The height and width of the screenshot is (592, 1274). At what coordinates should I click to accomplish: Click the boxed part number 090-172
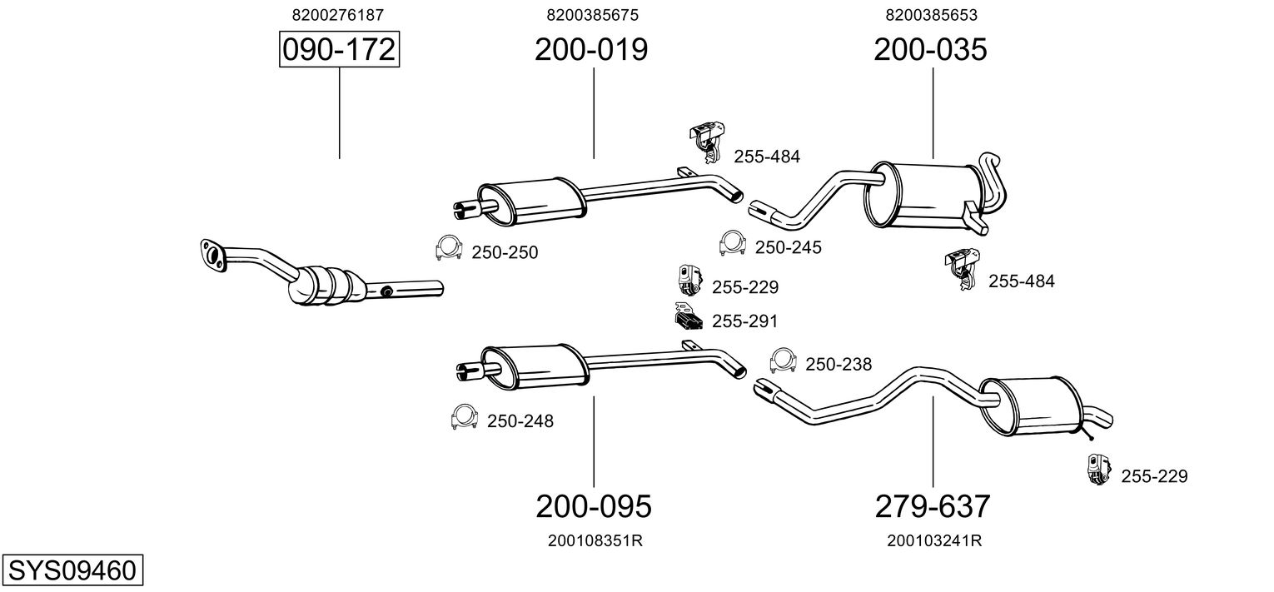(339, 50)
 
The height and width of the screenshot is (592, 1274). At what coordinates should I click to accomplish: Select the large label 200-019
(591, 50)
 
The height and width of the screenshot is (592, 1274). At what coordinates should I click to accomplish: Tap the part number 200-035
(930, 50)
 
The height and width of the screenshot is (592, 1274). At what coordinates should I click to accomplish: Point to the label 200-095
(593, 505)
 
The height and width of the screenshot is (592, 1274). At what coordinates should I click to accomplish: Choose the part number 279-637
(932, 505)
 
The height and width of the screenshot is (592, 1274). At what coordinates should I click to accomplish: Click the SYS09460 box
(72, 571)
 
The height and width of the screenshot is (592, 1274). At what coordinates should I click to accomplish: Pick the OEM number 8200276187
(338, 15)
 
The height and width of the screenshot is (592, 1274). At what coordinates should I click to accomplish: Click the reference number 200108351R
(595, 540)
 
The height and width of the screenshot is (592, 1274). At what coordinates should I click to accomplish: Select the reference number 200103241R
(934, 540)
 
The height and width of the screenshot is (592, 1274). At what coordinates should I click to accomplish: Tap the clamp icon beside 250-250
(449, 248)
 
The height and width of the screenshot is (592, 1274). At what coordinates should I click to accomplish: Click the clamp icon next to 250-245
(732, 242)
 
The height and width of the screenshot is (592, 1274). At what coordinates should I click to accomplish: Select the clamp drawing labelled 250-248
(463, 415)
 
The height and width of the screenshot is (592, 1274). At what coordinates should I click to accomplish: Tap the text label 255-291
(744, 321)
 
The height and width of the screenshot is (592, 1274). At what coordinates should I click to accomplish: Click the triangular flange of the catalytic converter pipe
(214, 255)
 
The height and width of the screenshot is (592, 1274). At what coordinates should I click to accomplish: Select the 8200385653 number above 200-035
(931, 15)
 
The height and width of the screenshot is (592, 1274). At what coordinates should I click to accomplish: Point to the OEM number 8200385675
(592, 15)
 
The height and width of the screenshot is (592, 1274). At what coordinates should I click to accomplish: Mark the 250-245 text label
(788, 247)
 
